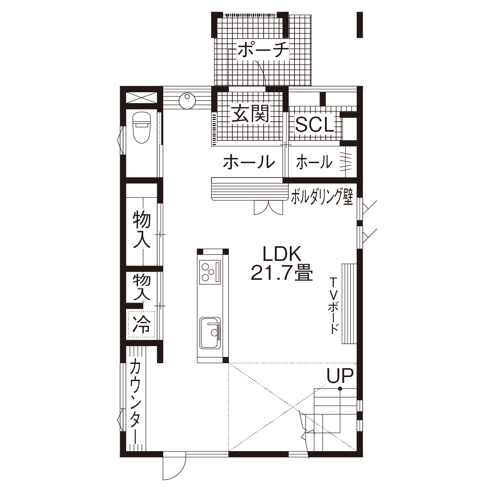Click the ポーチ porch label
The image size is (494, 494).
(263, 50)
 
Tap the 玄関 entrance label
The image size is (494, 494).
(250, 113)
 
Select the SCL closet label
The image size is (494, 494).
(314, 125)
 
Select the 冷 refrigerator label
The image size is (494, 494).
(141, 324)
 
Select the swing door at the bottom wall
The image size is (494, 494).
(174, 467)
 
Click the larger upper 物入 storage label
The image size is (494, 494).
(142, 230)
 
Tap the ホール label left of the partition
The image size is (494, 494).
(249, 162)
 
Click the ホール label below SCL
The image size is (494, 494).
(314, 162)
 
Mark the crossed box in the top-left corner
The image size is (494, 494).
(142, 98)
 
